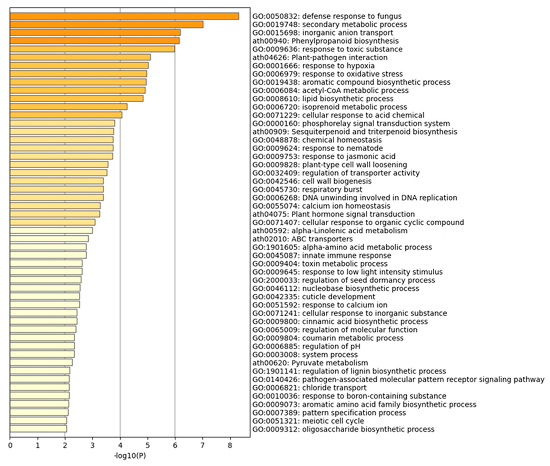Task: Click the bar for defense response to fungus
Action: (x=124, y=16)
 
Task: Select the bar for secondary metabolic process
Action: (x=107, y=24)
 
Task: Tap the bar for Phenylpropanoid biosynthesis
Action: (x=95, y=41)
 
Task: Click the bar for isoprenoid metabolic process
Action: (x=69, y=107)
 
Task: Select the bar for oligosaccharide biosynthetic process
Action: (x=38, y=429)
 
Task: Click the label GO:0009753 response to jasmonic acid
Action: (x=324, y=156)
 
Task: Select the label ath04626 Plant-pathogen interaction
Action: (x=320, y=57)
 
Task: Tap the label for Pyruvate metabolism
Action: (x=310, y=363)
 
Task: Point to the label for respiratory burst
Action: (x=307, y=189)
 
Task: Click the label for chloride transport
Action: (x=309, y=388)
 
